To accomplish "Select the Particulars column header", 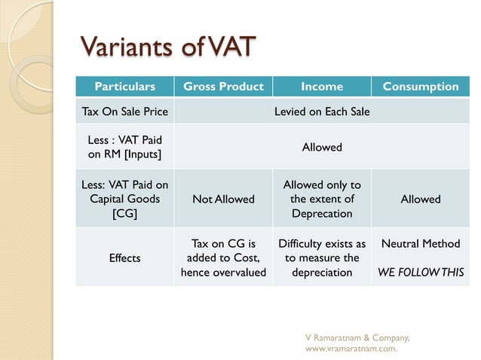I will click(124, 87).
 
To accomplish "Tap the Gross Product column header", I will click(223, 87).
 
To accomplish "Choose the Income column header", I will click(322, 87).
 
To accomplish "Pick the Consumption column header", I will click(420, 87).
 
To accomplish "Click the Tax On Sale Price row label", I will click(124, 111).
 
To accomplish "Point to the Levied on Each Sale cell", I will click(322, 111).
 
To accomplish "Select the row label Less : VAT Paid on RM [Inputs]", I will click(124, 147).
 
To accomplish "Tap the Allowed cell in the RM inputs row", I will click(322, 147).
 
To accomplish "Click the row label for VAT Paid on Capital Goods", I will click(124, 199).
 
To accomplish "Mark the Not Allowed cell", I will click(223, 199).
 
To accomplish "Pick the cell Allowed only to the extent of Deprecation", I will click(322, 199).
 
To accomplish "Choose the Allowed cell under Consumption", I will click(420, 199).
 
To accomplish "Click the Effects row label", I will click(124, 258).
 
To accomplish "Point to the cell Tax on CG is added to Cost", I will click(223, 258).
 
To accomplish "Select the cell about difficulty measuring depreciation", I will click(322, 258).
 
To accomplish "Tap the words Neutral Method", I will click(420, 244).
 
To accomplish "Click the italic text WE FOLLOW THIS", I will click(420, 272).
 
